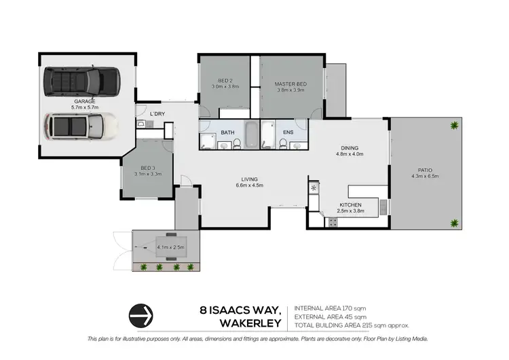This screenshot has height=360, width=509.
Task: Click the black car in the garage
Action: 79,82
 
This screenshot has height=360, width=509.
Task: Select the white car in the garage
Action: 74,126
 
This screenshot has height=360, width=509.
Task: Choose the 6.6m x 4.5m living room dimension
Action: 249,185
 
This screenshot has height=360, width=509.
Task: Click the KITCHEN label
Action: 350,204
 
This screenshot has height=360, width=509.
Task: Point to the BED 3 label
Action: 148,168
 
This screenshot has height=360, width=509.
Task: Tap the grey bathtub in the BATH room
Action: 250,134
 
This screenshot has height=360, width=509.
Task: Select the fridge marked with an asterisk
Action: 314,186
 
